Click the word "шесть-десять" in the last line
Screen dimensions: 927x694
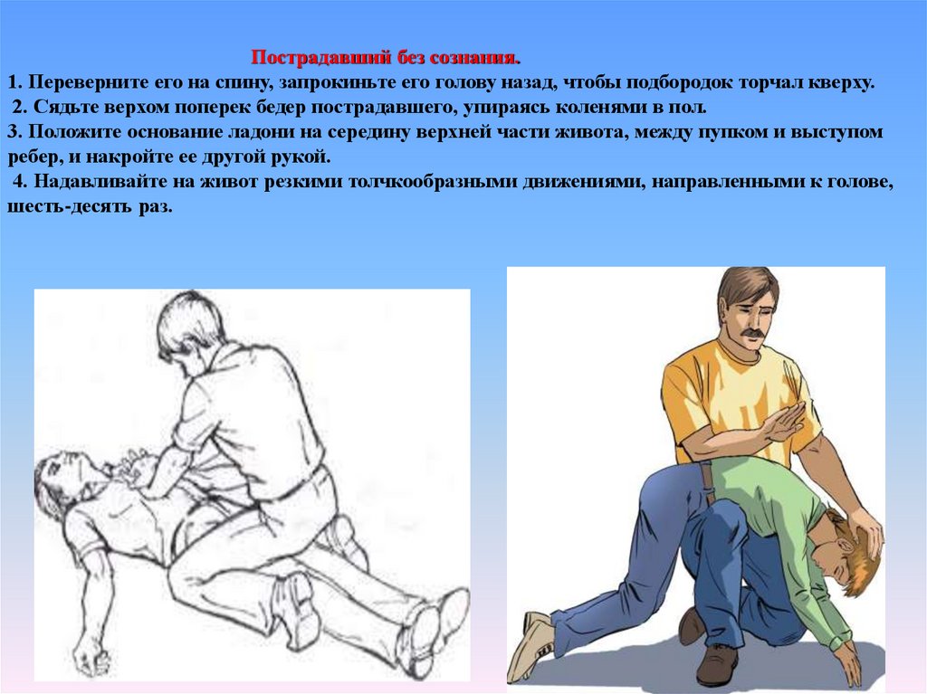71,207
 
